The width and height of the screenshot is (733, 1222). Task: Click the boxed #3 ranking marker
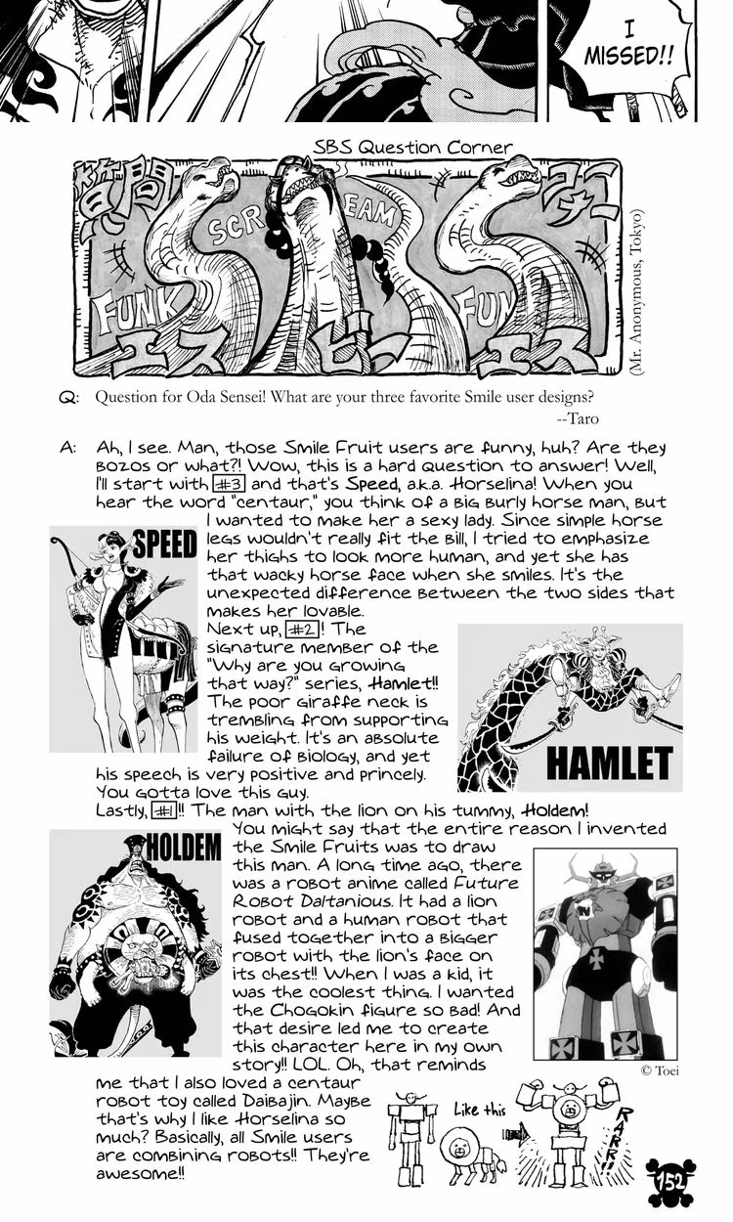click(228, 483)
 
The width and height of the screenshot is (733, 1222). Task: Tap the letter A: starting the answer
click(67, 447)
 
